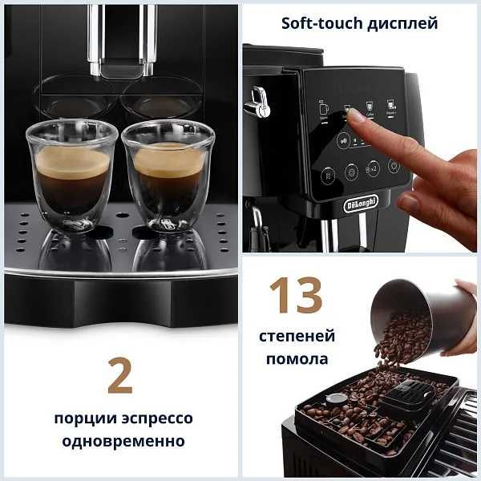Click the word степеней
[x=297, y=336]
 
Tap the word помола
[x=297, y=358]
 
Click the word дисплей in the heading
[x=402, y=22]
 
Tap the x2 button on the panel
[x=373, y=169]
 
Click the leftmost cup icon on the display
[x=324, y=106]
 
